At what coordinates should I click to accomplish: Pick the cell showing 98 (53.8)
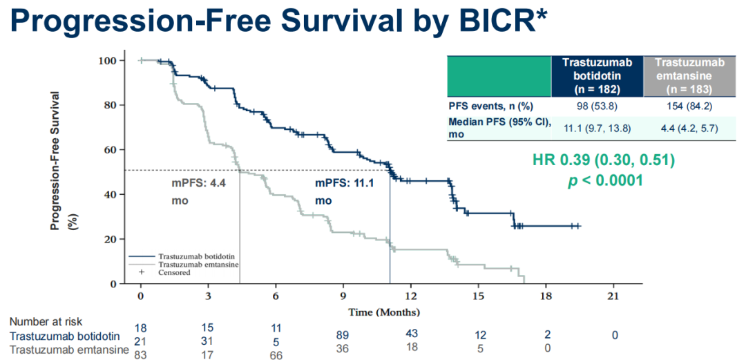pos(597,106)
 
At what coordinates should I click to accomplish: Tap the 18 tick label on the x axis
pos(546,296)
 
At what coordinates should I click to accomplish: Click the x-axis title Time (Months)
pos(383,312)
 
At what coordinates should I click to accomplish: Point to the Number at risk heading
pos(46,322)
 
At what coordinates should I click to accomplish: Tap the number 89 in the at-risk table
pos(343,335)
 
